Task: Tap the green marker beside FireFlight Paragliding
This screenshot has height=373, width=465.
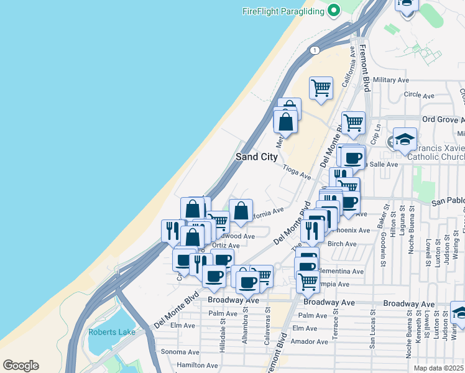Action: click(x=334, y=10)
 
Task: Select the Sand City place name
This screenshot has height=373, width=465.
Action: click(x=256, y=157)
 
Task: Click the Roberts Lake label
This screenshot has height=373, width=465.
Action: click(x=112, y=332)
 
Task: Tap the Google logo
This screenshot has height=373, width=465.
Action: click(x=21, y=366)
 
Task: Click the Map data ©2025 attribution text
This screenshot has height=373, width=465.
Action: click(x=439, y=368)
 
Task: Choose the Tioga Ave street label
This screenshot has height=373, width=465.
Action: click(x=297, y=172)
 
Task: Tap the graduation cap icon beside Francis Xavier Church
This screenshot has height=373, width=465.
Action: click(x=404, y=141)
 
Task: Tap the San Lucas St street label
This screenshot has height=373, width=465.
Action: click(x=372, y=336)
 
